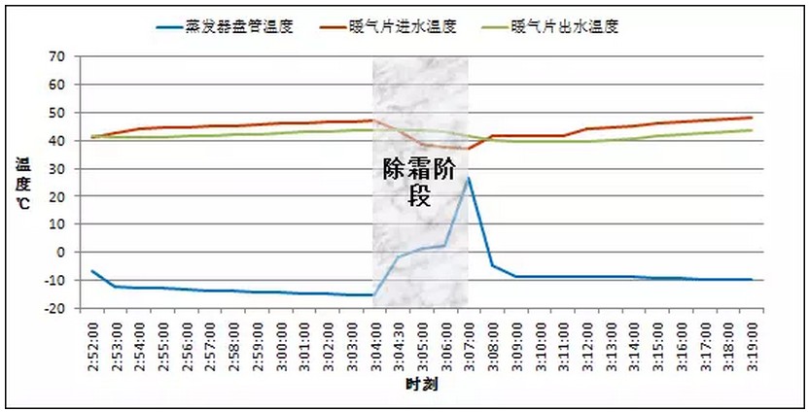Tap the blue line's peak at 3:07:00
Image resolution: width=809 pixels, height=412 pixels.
pos(469,178)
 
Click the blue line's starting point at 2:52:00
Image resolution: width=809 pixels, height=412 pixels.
pos(93,271)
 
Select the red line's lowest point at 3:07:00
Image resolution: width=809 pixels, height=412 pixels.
pos(469,149)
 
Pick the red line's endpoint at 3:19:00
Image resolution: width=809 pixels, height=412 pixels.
pos(752,118)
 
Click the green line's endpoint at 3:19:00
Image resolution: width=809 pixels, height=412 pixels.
pos(752,130)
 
